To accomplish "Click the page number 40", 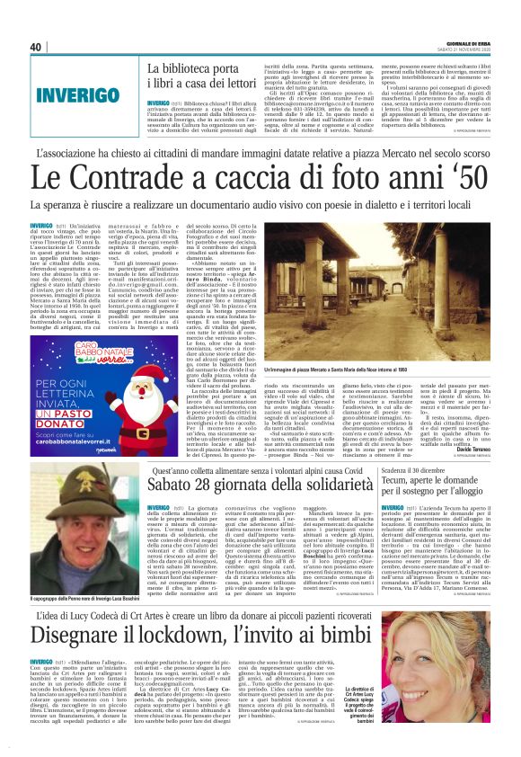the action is click(37, 46).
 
